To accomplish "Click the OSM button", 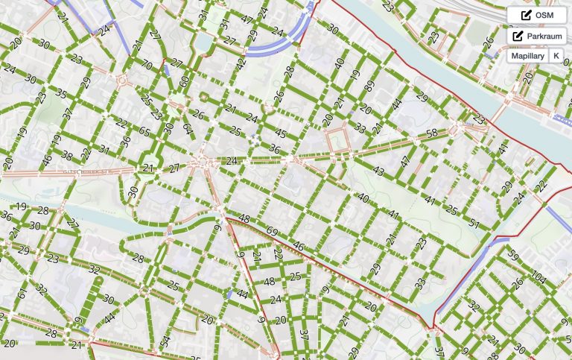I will [536, 15].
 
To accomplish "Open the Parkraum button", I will [536, 36].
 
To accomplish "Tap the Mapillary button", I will [527, 56].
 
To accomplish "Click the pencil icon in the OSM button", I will [526, 15].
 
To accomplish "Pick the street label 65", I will [144, 131].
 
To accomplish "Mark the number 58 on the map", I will [432, 133].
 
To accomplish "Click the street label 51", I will [474, 222].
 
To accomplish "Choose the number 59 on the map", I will [512, 256].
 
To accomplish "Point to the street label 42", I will [241, 63].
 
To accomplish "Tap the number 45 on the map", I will [281, 133].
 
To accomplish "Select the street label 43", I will [378, 171].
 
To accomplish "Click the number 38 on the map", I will [67, 156].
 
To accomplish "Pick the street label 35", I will [61, 95].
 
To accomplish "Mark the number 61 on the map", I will [21, 294].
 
